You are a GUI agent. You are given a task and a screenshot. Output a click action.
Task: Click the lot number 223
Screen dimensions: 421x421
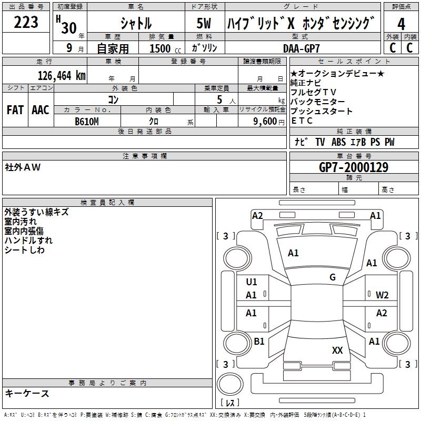tap(26, 22)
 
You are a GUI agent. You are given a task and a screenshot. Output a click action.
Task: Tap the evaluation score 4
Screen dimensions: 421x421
tap(401, 24)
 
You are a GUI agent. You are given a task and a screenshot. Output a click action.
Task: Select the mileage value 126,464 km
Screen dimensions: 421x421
tap(62, 76)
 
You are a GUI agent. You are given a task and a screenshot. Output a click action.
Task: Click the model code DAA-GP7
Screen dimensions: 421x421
tap(302, 48)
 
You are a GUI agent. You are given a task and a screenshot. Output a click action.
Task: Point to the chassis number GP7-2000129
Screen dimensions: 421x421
tap(354, 167)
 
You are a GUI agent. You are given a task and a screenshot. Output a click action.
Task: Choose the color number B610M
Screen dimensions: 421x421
tap(87, 122)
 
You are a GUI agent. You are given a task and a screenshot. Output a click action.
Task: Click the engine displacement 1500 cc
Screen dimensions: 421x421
tap(165, 48)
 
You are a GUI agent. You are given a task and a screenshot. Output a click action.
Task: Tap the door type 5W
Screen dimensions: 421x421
tap(204, 23)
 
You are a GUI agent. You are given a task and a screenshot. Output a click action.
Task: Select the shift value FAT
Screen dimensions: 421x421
tap(15, 110)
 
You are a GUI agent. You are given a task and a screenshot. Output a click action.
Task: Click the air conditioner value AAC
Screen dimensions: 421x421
tap(41, 110)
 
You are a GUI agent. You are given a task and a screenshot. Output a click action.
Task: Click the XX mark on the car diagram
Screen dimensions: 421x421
tap(337, 350)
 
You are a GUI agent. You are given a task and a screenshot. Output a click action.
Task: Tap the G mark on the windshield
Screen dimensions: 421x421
tap(333, 277)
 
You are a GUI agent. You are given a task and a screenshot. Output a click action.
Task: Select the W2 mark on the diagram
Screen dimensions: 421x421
tap(382, 295)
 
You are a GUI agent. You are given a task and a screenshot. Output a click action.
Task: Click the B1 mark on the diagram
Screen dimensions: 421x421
tap(259, 341)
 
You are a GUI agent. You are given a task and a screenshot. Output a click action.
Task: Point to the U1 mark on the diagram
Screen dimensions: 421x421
tap(252, 282)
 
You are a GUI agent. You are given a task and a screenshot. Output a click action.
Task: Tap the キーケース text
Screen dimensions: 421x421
tap(27, 393)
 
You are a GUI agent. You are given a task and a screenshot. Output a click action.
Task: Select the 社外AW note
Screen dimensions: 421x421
tap(23, 167)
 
